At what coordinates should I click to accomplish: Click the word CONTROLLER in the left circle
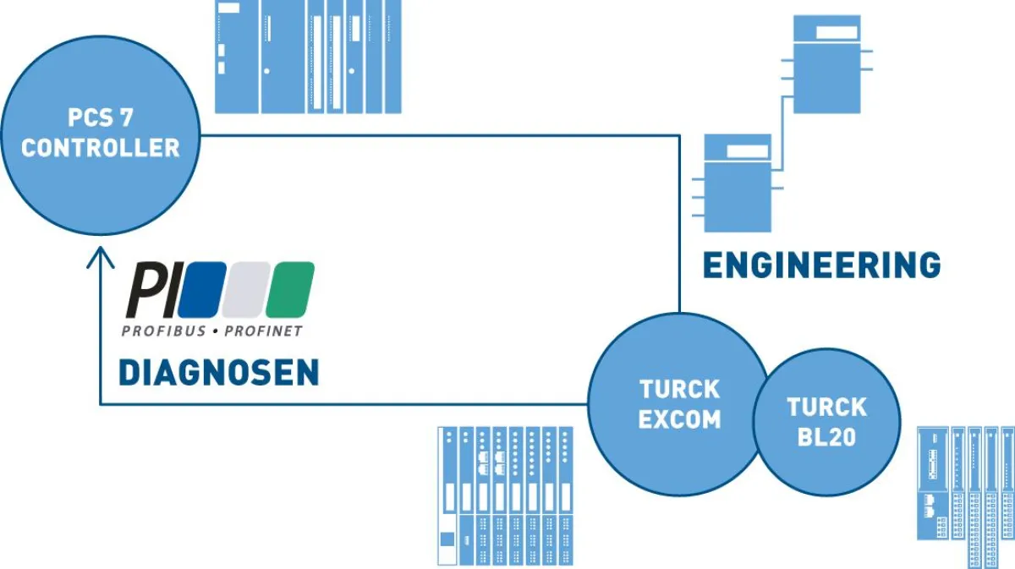[100, 148]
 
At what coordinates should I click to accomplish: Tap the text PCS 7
[100, 118]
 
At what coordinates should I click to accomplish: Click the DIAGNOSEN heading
[219, 372]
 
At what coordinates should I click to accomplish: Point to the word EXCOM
[679, 419]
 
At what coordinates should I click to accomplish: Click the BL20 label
[826, 437]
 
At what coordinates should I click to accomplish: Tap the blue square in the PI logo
[202, 289]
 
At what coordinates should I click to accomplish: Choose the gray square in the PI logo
[245, 289]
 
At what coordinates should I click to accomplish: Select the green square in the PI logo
[290, 289]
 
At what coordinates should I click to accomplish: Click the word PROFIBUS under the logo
[163, 331]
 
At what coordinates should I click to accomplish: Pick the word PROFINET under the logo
[263, 331]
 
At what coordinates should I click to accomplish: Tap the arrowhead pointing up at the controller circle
[100, 256]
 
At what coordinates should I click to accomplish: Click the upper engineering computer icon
[827, 64]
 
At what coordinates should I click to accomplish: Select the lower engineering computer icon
[738, 183]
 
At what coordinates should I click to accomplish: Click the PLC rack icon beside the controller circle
[308, 57]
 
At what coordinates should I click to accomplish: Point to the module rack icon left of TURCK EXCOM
[505, 496]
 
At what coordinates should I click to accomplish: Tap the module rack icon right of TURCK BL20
[966, 496]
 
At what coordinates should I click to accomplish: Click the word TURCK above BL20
[826, 407]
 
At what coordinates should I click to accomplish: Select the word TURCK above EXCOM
[679, 389]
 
